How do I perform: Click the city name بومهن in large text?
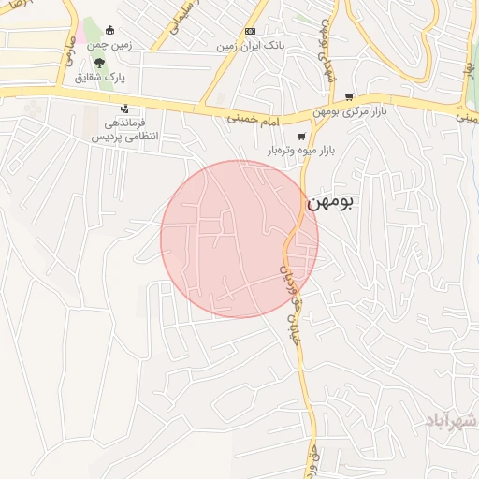(330, 201)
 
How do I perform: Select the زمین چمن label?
(109, 44)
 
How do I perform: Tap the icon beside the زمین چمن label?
(111, 29)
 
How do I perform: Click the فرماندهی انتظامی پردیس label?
(124, 130)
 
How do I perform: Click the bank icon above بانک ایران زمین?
(249, 30)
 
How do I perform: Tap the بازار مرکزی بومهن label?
(351, 112)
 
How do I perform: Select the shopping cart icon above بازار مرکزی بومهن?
(349, 96)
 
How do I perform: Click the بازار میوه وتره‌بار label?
(301, 150)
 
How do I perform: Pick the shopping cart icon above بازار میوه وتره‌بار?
(300, 136)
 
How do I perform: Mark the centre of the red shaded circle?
(239, 239)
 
